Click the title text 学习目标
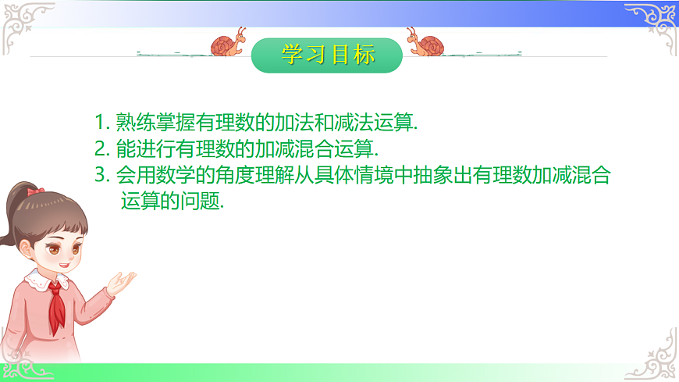(x=328, y=55)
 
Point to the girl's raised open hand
(x=122, y=282)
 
